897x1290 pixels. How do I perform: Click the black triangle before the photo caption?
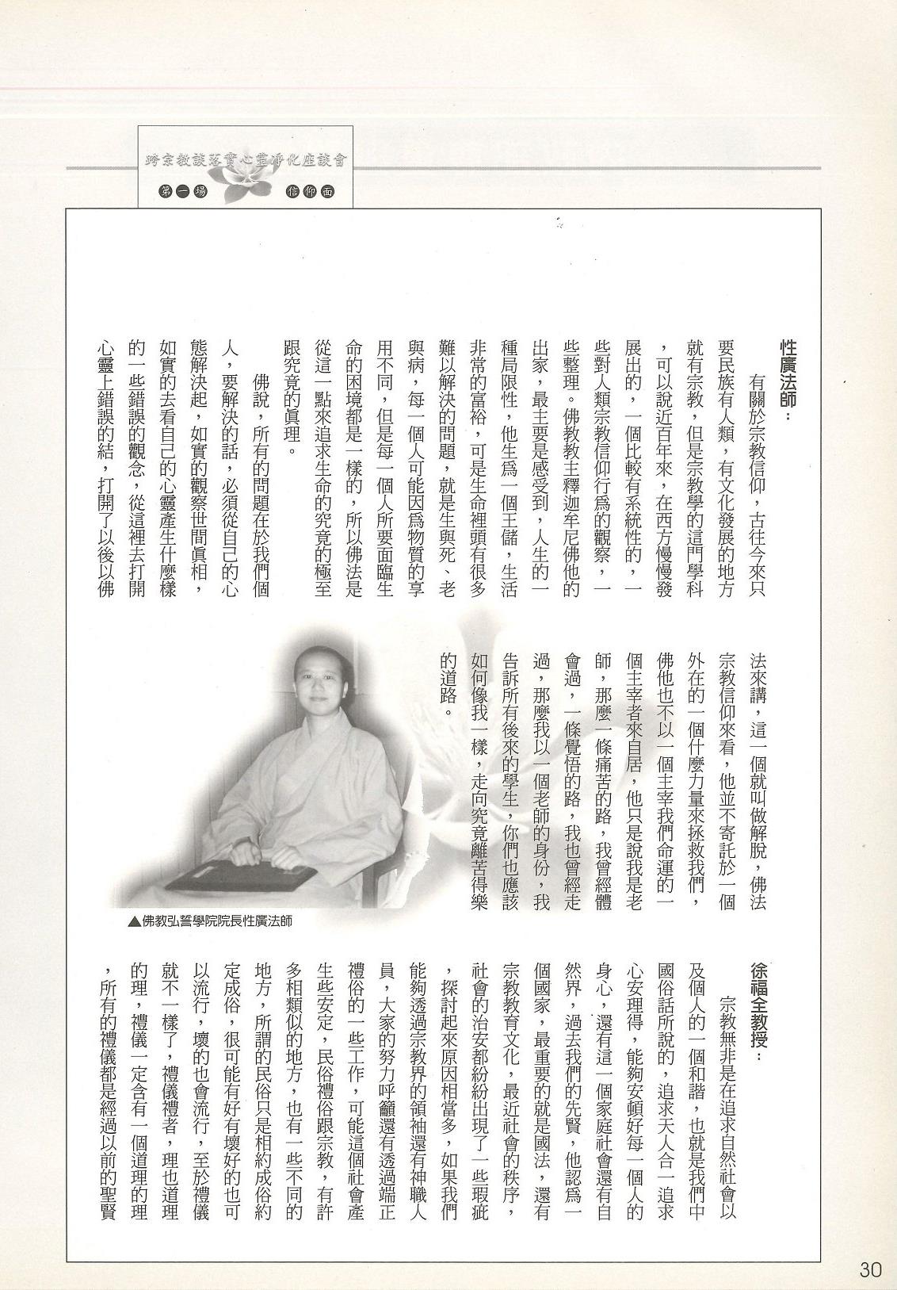click(x=132, y=921)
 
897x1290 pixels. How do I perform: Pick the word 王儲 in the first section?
click(x=510, y=523)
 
